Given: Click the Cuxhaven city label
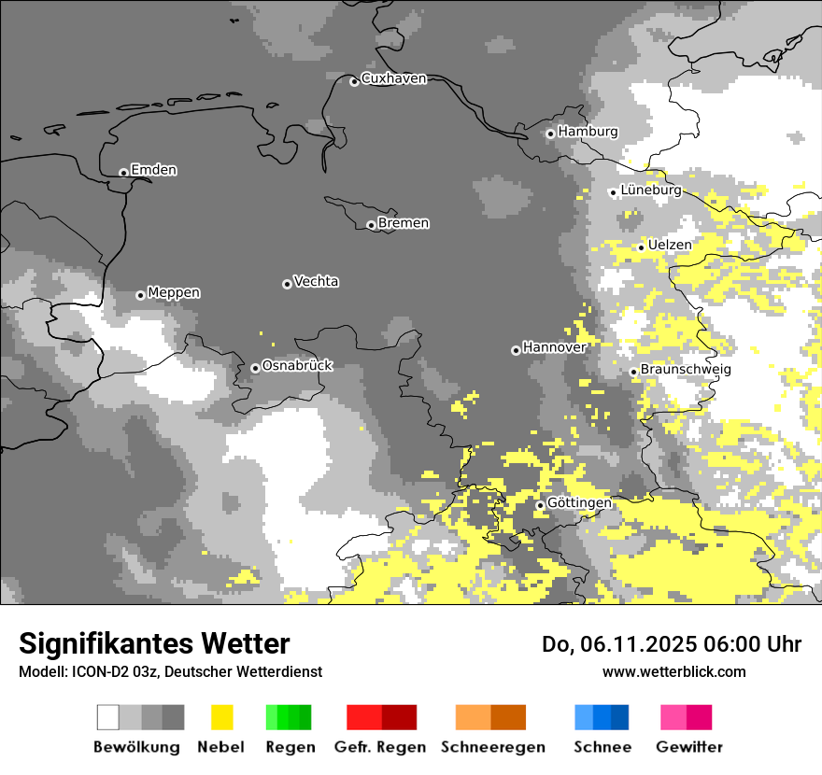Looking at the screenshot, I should (393, 78).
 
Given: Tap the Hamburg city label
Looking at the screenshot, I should (588, 132).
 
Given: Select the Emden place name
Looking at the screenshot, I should (153, 170).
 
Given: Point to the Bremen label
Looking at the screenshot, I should (404, 223).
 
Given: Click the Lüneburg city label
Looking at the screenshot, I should (650, 190).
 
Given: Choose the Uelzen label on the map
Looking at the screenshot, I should (670, 245).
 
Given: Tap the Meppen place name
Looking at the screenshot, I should (174, 293).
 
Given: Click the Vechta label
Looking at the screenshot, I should (316, 281).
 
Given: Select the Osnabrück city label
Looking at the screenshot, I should (297, 366).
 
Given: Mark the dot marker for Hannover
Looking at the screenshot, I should (516, 350).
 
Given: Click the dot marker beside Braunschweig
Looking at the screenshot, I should (633, 372).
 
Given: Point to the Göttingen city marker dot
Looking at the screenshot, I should (540, 505).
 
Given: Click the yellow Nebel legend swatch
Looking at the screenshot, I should (221, 717).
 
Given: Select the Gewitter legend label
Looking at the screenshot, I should (689, 747).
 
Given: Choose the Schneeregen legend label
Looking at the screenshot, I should (493, 747).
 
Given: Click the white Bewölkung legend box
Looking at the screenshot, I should (108, 717).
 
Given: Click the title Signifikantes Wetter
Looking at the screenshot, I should (154, 644).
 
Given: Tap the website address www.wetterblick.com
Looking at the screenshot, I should (673, 672).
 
